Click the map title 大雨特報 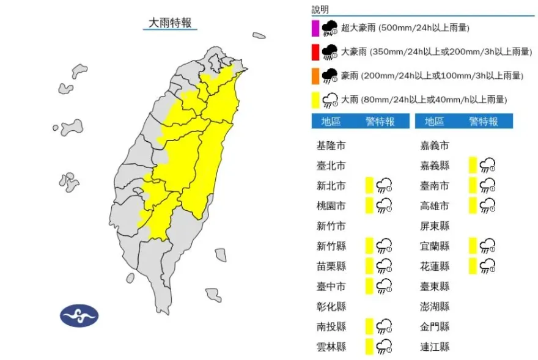171,23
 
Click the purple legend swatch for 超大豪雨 315,28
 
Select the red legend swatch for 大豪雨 315,52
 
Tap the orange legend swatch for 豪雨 315,76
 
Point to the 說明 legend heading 320,9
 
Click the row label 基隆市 331,145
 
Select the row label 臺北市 331,166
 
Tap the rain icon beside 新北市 384,186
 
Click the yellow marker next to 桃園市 369,206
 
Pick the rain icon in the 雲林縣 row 384,347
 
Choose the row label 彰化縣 331,306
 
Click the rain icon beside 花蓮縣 487,266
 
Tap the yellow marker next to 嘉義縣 473,166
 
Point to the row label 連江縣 435,347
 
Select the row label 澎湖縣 435,306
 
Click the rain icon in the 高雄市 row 487,206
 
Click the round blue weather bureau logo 79,315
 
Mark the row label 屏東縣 435,226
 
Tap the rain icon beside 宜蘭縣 487,246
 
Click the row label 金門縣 435,326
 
